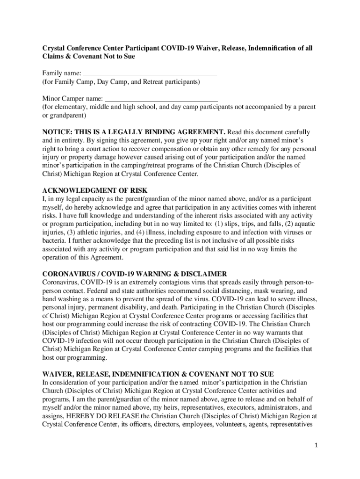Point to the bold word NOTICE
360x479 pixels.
(57, 132)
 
